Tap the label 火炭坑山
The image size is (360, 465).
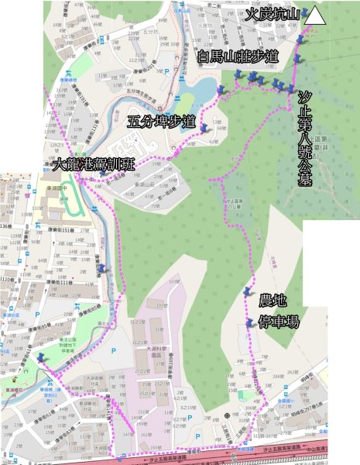coord(274,15)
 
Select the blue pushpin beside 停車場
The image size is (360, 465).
coord(249,322)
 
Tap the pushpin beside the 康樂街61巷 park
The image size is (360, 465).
coord(40,358)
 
